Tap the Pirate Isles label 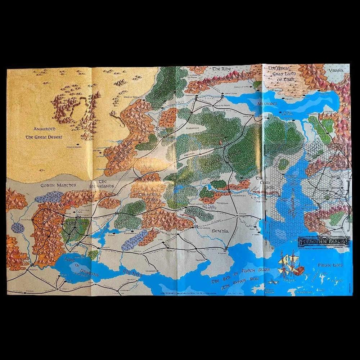click(330, 265)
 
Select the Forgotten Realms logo click(324, 242)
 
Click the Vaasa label click(336, 71)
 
